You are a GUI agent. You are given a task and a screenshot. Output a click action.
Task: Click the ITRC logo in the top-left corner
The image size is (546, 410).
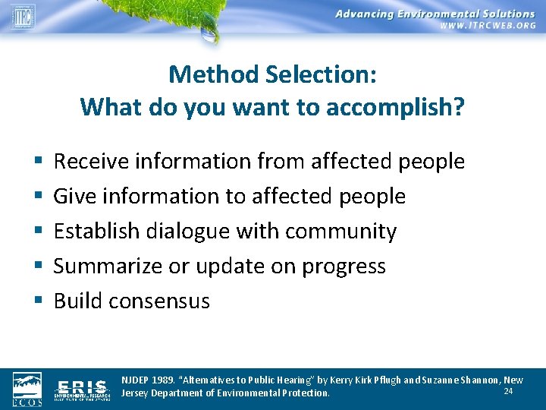pos(23,15)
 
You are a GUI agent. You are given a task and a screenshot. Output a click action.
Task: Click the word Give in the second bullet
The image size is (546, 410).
pos(73,196)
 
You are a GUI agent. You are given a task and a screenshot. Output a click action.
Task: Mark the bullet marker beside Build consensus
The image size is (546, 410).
pos(37,301)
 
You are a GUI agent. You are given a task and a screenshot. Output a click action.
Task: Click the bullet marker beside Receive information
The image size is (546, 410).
pos(37,162)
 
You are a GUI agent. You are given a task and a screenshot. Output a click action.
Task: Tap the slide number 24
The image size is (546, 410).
pos(509,391)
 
